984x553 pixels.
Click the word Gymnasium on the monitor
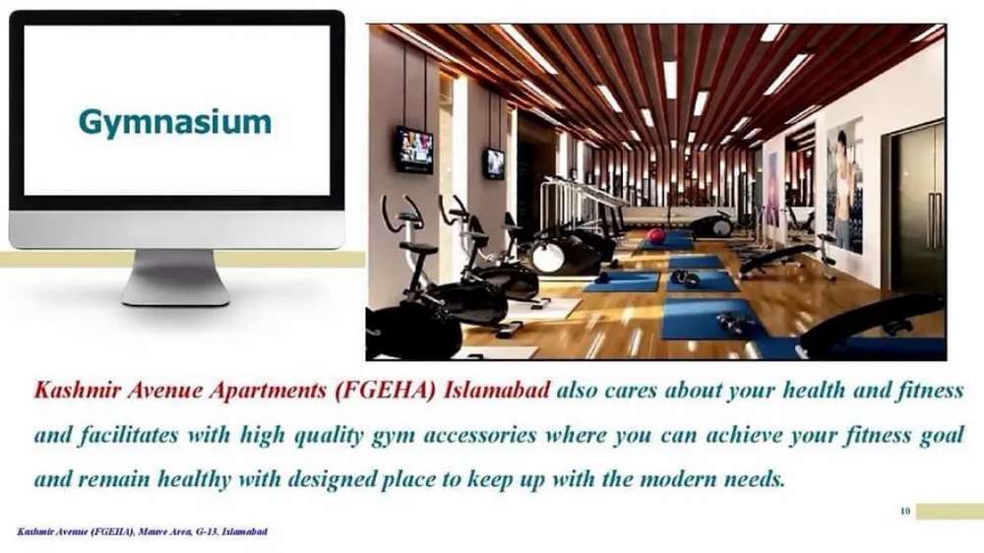pos(175,122)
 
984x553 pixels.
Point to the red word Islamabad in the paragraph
pos(497,391)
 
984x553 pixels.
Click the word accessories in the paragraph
pos(480,435)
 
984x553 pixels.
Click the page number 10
pos(905,511)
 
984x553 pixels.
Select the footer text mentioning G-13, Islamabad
pos(142,531)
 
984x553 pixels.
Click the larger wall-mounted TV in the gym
pos(413,149)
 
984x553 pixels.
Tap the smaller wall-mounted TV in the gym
pos(494,162)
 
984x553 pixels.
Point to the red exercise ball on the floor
pos(656,236)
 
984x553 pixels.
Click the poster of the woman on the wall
pos(845,186)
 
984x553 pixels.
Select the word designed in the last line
pos(333,480)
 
